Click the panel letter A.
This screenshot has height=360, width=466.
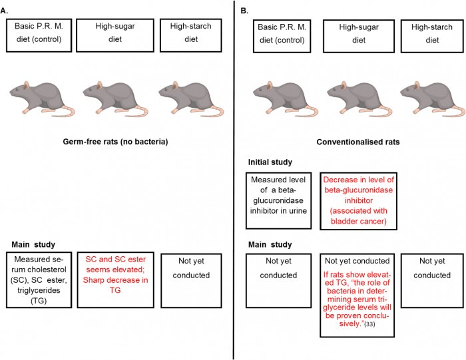(4, 11)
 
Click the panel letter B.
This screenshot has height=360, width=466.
(244, 11)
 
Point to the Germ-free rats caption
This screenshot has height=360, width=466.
(115, 142)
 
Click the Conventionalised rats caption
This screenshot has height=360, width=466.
(358, 142)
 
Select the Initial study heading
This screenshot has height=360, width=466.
(270, 162)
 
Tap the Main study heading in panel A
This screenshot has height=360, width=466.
(33, 244)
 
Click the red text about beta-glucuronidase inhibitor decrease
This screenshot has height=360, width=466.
(358, 200)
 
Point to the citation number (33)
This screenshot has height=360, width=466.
(369, 324)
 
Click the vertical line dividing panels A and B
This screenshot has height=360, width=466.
(234, 180)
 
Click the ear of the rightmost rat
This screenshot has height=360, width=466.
(417, 85)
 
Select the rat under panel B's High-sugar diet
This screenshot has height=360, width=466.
(359, 98)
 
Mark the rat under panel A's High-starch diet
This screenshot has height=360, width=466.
(191, 98)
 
